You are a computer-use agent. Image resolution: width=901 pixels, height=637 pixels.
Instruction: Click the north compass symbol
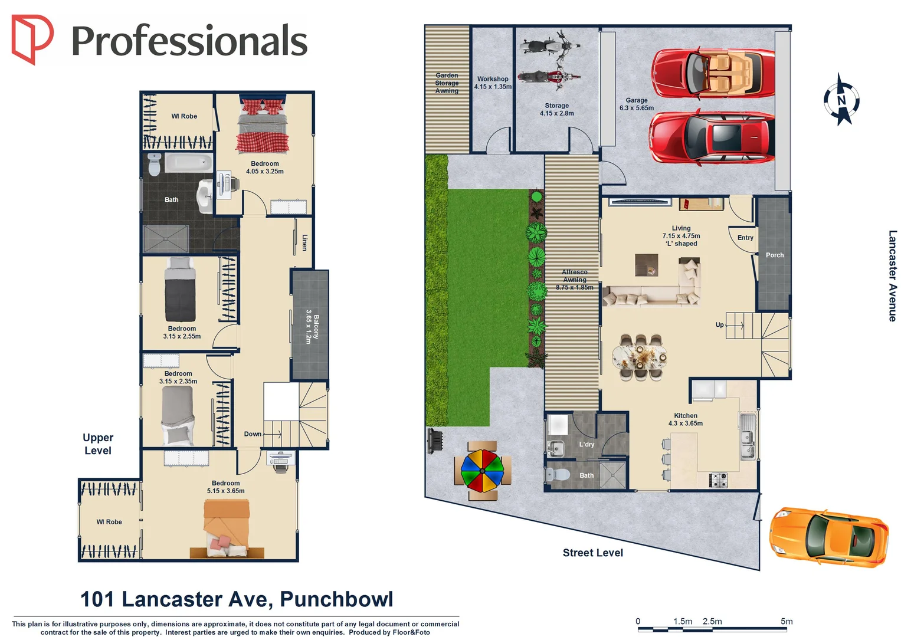coord(841,100)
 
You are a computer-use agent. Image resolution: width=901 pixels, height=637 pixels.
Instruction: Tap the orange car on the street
coord(829,537)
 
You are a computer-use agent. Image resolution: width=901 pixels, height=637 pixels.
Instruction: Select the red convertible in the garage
coord(713,73)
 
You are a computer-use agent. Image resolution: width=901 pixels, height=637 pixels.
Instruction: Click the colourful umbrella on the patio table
coord(482,471)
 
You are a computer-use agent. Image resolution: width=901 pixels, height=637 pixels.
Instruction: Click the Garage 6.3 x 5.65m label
coord(637,104)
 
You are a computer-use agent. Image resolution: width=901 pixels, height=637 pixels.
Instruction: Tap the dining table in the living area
coord(639,356)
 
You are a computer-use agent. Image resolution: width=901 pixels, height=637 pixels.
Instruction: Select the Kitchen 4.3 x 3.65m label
coord(685,419)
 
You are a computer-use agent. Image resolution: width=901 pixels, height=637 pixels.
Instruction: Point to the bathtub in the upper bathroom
coord(188,162)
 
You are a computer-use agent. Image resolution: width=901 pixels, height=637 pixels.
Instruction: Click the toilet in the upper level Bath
coord(155,165)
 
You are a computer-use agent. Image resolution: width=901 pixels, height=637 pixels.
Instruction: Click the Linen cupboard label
coord(304,242)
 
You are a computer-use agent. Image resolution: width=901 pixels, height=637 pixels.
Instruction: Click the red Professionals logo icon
coord(32,39)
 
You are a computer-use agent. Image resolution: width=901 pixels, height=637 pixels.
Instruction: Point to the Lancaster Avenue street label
coord(892,275)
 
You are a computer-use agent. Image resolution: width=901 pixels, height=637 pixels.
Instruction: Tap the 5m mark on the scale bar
coord(786,622)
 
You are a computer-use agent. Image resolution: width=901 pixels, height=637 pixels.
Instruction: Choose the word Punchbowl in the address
coord(336,599)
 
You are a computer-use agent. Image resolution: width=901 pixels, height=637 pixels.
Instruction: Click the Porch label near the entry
coord(774,255)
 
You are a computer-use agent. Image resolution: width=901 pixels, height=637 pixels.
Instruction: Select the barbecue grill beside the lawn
coord(435,441)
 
